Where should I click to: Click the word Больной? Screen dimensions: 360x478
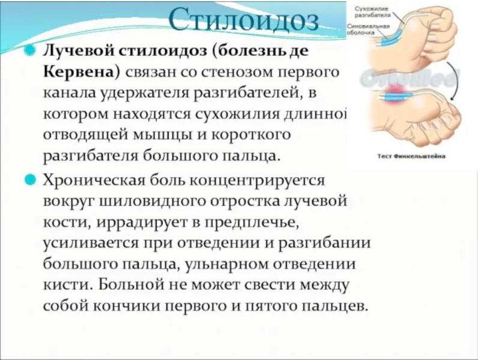[x=138, y=284]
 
